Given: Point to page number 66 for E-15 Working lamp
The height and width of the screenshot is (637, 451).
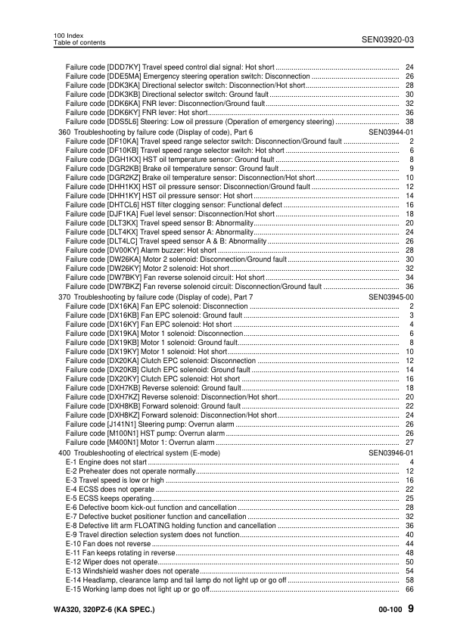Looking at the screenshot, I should [x=409, y=589].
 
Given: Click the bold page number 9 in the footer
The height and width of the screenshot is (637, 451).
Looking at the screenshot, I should [x=410, y=609].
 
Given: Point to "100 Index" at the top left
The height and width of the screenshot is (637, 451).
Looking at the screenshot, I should [x=69, y=36].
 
